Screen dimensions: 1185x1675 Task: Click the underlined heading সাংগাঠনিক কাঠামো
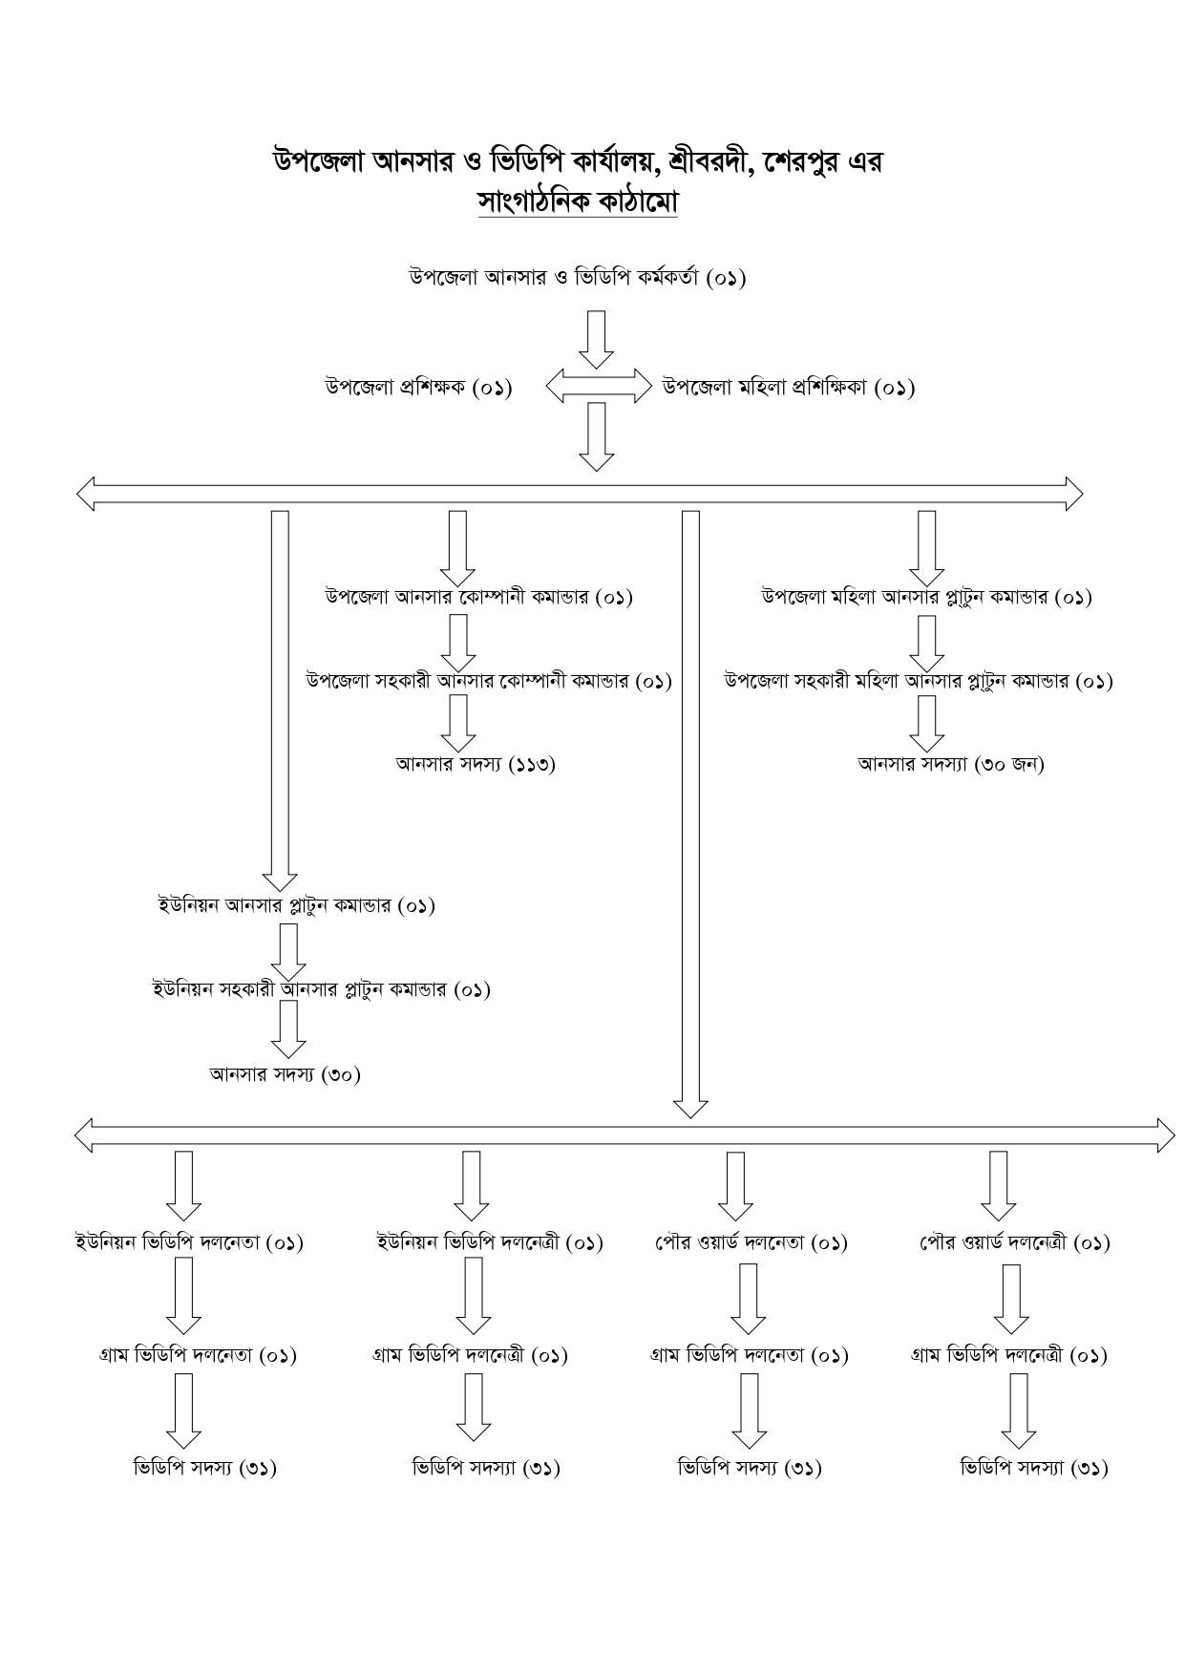pyautogui.click(x=578, y=202)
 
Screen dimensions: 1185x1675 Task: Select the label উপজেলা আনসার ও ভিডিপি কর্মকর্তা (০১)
pyautogui.click(x=578, y=278)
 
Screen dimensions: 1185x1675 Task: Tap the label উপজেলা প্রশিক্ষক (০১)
pyautogui.click(x=418, y=388)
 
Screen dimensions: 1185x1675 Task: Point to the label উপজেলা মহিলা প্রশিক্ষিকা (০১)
pyautogui.click(x=789, y=388)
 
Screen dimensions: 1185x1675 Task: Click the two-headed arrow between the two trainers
pyautogui.click(x=598, y=387)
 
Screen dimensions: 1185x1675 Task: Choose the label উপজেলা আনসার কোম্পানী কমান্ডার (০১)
pyautogui.click(x=478, y=597)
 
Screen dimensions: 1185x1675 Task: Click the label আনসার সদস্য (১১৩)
pyautogui.click(x=476, y=764)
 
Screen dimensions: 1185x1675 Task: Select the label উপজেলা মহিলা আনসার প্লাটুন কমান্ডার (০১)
pyautogui.click(x=926, y=597)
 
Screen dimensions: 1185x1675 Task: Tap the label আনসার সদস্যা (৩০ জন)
pyautogui.click(x=951, y=764)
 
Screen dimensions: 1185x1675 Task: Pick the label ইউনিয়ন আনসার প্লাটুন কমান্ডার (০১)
pyautogui.click(x=296, y=904)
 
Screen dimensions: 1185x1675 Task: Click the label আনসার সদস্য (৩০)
pyautogui.click(x=286, y=1074)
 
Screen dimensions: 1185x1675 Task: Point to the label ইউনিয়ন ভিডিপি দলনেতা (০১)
pyautogui.click(x=189, y=1242)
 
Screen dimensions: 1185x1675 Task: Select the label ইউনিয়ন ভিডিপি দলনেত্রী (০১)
pyautogui.click(x=490, y=1242)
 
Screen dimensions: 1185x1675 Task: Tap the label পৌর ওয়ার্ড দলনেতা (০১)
pyautogui.click(x=751, y=1242)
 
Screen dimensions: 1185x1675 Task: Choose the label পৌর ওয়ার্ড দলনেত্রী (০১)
pyautogui.click(x=1014, y=1242)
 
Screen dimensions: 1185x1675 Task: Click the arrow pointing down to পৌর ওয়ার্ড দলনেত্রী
pyautogui.click(x=999, y=1186)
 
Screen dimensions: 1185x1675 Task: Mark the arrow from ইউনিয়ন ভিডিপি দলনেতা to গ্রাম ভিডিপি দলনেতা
pyautogui.click(x=183, y=1296)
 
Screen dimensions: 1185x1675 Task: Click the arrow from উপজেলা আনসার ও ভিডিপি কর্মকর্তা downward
pyautogui.click(x=597, y=339)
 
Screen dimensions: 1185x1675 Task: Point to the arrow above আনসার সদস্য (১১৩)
pyautogui.click(x=458, y=723)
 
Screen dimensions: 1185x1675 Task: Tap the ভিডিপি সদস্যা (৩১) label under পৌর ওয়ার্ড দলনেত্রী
pyautogui.click(x=1034, y=1468)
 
